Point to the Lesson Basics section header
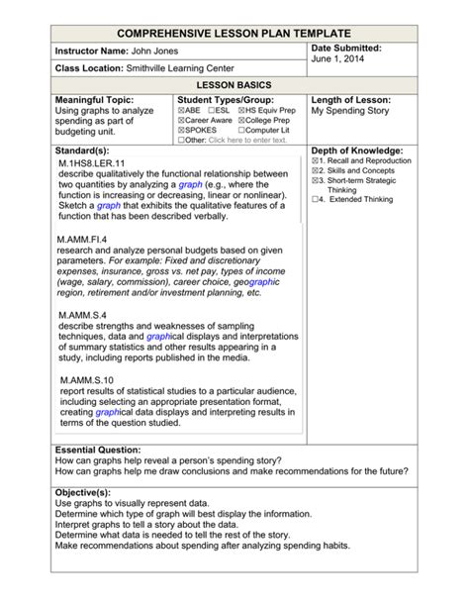(x=234, y=86)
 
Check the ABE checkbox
(x=180, y=112)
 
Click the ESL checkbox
(x=212, y=112)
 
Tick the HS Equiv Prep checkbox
(x=242, y=112)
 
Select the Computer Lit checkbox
(x=242, y=130)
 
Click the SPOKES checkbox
(x=180, y=130)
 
